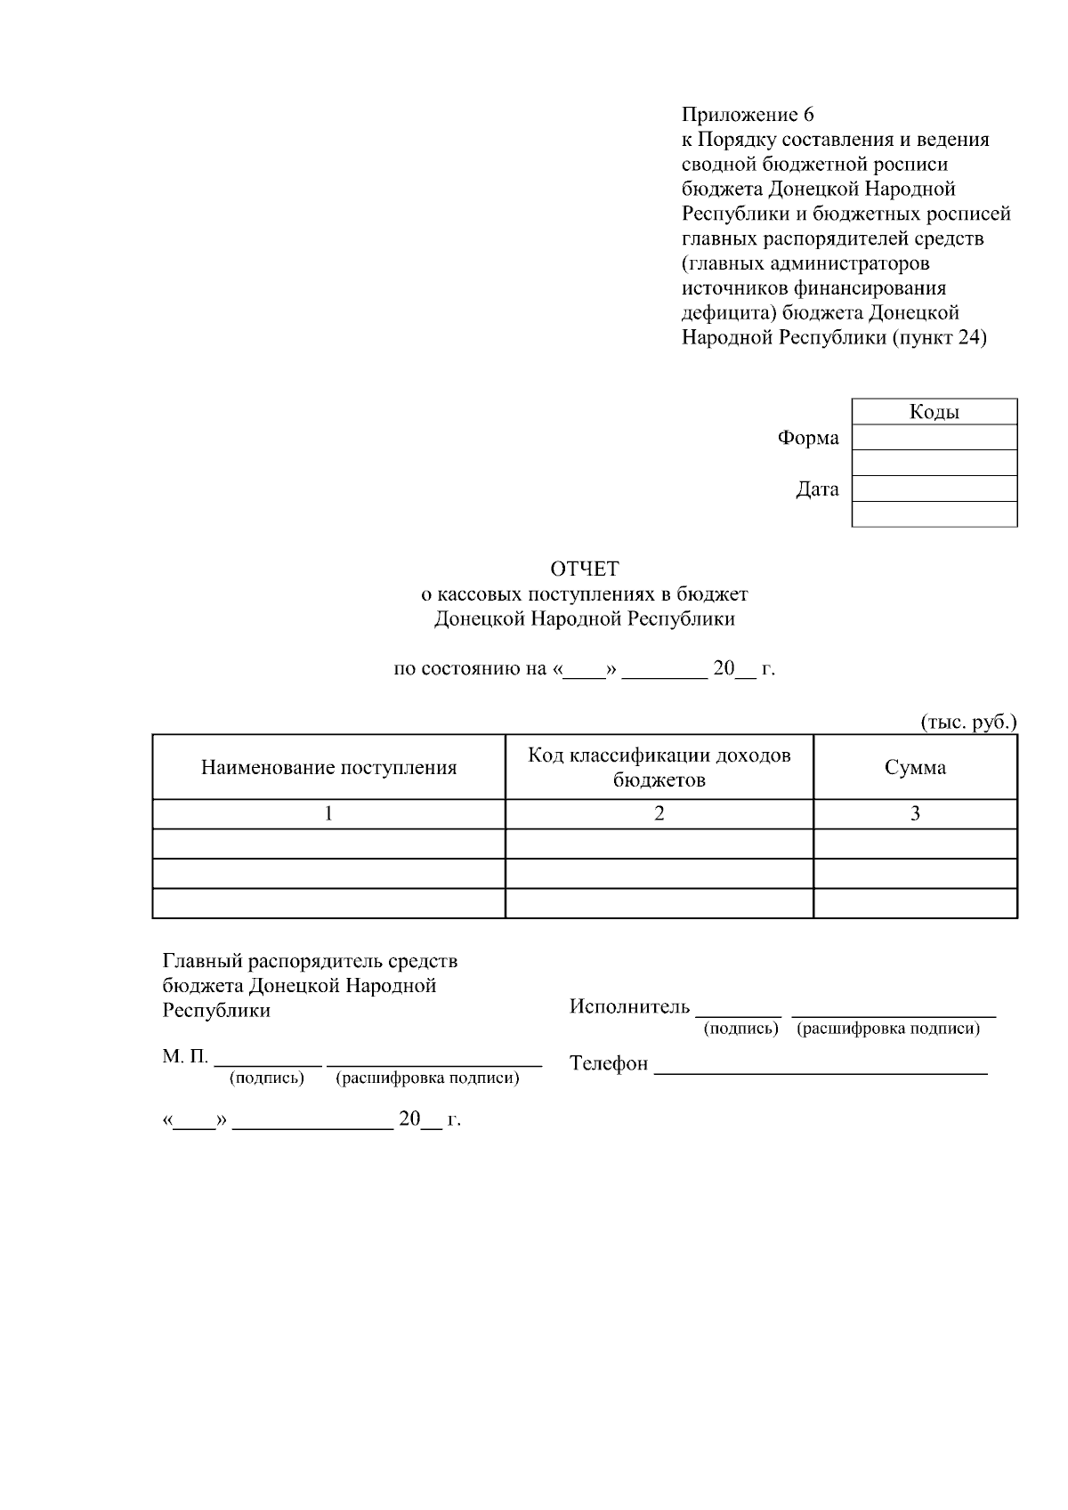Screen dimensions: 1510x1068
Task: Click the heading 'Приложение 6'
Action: (x=748, y=115)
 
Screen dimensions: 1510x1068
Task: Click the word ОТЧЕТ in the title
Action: (x=584, y=569)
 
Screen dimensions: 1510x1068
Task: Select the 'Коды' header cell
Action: (x=934, y=412)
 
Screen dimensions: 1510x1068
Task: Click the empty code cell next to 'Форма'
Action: (x=934, y=437)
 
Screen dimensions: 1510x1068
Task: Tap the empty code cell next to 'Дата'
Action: (x=934, y=489)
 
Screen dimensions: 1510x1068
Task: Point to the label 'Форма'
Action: (x=808, y=438)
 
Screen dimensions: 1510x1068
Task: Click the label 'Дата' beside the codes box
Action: (x=817, y=489)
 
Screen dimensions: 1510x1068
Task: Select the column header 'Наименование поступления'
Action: (x=328, y=768)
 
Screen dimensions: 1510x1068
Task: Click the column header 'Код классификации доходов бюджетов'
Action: (x=659, y=767)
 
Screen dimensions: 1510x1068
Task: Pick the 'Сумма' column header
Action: (x=915, y=768)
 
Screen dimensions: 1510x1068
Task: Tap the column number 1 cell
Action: (x=328, y=813)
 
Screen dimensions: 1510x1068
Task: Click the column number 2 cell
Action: (x=659, y=813)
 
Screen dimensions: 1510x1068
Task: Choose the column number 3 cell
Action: (x=915, y=813)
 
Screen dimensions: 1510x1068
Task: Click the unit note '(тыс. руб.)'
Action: (x=968, y=722)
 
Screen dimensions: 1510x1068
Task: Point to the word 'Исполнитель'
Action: (x=629, y=1006)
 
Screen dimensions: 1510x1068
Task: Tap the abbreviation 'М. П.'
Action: (x=185, y=1056)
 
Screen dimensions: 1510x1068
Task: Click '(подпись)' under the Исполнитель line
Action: (x=740, y=1029)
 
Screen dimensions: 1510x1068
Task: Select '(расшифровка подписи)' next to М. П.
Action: (x=427, y=1078)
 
